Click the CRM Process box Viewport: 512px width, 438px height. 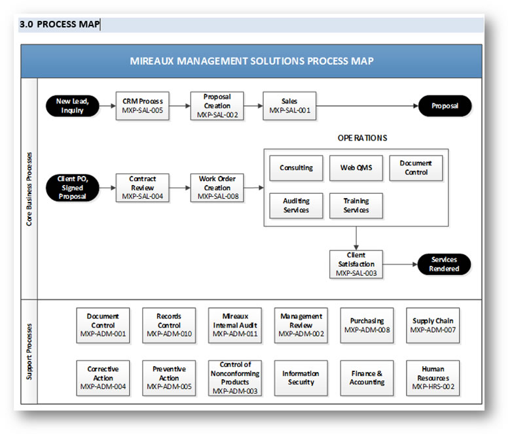coord(142,106)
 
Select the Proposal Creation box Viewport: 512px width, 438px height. coord(217,106)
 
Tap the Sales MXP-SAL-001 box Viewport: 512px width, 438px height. coord(289,106)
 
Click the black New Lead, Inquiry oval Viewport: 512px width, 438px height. coord(73,106)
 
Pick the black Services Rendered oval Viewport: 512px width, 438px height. coord(444,264)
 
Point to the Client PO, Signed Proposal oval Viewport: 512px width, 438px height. coord(73,188)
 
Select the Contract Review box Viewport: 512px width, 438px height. coord(142,188)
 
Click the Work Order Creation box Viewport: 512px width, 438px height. coord(217,188)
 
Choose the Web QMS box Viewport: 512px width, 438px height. coord(356,168)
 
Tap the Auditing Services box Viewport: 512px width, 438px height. coord(296,206)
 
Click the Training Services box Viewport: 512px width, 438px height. coord(356,206)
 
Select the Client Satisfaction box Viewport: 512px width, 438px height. coord(356,264)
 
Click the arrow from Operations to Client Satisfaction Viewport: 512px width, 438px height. coord(356,238)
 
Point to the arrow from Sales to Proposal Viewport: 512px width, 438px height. coord(367,106)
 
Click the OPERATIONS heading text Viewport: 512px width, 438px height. coord(363,138)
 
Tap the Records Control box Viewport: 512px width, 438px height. coord(169,326)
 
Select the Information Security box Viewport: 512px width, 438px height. coord(301,378)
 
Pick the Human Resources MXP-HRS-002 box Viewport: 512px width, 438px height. coord(433,378)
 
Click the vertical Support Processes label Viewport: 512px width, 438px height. coord(29,352)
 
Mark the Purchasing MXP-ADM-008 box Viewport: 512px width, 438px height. coord(367,326)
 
